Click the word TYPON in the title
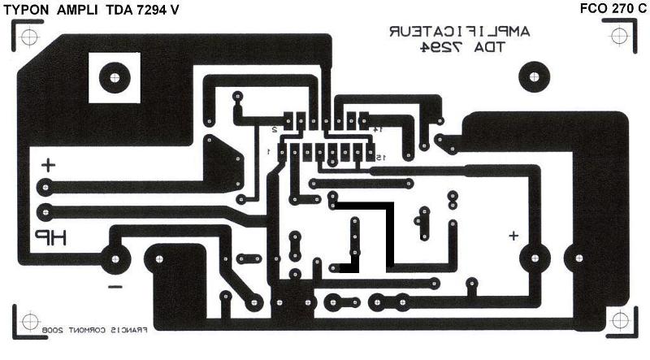point(26,9)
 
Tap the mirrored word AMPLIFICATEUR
point(459,32)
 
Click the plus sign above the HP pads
point(49,165)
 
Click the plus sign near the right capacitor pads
point(513,236)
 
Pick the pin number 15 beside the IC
point(379,156)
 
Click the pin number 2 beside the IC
point(275,129)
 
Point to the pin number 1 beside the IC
point(268,153)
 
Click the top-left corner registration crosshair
point(28,37)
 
